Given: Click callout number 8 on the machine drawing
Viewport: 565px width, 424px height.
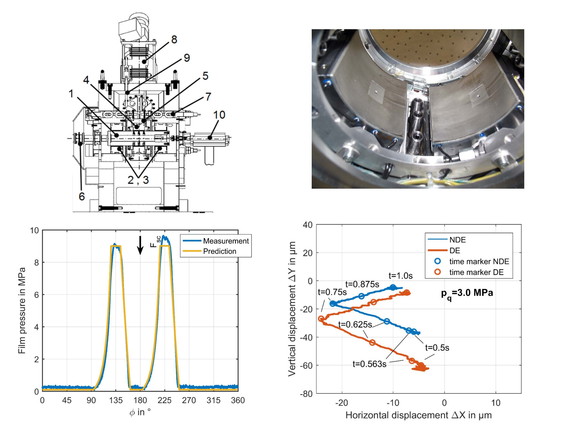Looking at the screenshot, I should (174, 40).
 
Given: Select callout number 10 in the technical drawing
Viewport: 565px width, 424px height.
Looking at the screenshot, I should (219, 115).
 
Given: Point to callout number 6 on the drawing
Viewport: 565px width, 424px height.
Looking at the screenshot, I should (81, 196).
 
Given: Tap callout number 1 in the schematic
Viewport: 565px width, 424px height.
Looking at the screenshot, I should (71, 94).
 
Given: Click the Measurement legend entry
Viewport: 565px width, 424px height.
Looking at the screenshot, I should (226, 241).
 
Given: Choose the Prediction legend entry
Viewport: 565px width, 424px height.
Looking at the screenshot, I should (219, 251).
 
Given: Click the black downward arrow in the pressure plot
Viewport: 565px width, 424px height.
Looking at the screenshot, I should (140, 245).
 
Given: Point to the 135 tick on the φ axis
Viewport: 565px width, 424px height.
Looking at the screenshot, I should (116, 400).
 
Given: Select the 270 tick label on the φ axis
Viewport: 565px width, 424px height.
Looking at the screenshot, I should (189, 400).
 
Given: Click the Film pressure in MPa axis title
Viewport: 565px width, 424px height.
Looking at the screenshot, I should (22, 310).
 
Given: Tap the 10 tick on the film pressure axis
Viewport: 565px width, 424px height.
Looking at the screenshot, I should (34, 231).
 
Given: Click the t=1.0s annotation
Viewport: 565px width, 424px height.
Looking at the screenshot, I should (400, 276).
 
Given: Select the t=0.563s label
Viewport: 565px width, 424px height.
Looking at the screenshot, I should (369, 364).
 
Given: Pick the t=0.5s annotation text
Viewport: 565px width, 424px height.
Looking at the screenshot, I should (437, 348).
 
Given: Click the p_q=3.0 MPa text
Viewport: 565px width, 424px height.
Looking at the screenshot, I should (467, 293).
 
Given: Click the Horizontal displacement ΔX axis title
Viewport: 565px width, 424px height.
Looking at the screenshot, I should (418, 415).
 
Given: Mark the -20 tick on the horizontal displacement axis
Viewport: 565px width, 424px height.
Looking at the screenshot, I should (342, 403).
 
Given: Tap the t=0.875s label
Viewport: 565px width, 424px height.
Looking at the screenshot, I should (362, 284).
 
